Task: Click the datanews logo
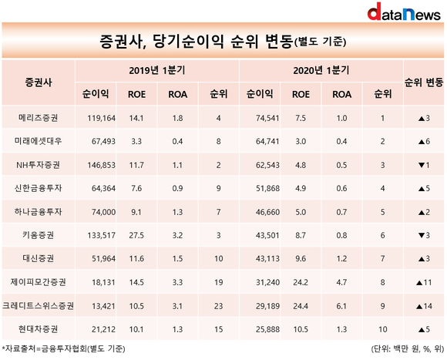click(404, 12)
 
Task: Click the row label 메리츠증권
click(39, 118)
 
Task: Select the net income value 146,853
click(102, 165)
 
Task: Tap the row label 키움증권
click(39, 235)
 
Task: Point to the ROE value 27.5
click(136, 235)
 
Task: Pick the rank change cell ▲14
click(424, 306)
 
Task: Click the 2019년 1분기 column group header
click(157, 70)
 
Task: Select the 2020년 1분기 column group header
click(321, 70)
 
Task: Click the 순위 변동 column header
click(424, 82)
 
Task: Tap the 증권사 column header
click(39, 82)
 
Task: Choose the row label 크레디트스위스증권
click(39, 306)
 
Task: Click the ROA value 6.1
click(341, 306)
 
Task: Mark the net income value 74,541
click(267, 118)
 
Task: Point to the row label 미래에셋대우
click(39, 141)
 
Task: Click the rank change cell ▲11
click(424, 282)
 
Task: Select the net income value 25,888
click(267, 329)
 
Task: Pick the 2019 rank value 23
click(218, 306)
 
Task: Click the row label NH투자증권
click(39, 165)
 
